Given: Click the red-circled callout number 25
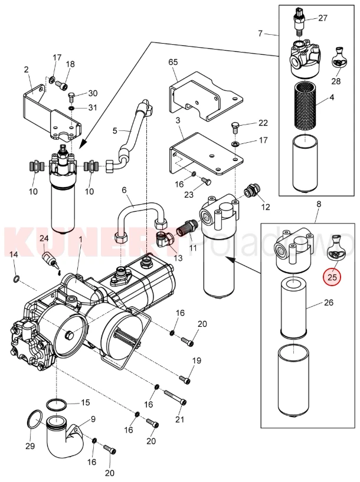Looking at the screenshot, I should point(331,276).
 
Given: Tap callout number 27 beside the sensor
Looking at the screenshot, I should point(322,18).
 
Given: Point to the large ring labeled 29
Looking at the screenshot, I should point(35,423).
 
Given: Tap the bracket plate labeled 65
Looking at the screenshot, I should point(204,97).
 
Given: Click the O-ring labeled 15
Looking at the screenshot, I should point(56,405).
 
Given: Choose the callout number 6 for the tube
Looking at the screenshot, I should point(125,189).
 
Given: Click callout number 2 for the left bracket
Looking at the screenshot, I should point(27,70).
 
